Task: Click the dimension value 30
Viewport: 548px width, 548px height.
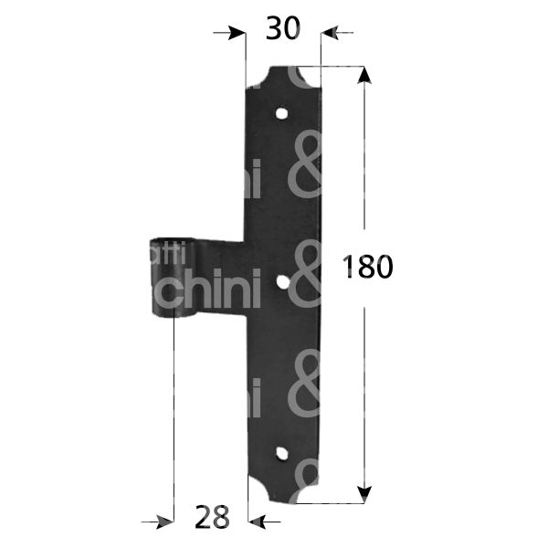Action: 282,30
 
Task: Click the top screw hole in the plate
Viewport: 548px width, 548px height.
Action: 283,115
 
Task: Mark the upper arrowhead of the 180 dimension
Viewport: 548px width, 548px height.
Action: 364,77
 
